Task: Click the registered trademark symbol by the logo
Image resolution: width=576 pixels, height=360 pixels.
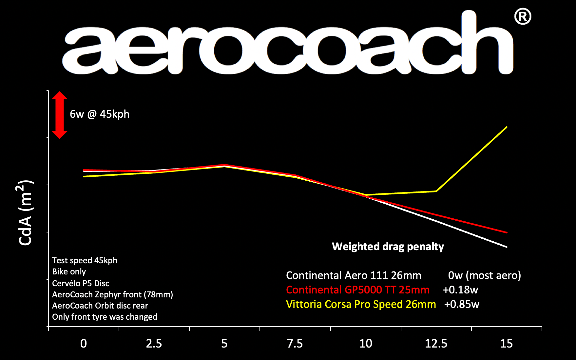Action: (522, 17)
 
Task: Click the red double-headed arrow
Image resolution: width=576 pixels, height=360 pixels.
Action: (59, 115)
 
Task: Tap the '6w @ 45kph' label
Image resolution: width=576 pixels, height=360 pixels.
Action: (100, 114)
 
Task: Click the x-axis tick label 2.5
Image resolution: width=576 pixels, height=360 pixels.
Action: (154, 344)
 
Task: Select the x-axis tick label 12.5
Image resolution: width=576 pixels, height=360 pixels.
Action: (436, 344)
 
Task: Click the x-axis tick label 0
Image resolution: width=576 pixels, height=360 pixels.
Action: (84, 344)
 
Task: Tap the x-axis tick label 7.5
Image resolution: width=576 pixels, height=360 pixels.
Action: (295, 344)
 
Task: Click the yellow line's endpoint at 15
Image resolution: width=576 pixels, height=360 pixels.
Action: (507, 127)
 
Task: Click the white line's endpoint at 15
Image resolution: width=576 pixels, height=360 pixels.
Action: (507, 247)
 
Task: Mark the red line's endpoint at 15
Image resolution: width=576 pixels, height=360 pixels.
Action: (507, 232)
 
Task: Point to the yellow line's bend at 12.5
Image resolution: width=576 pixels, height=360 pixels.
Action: (436, 191)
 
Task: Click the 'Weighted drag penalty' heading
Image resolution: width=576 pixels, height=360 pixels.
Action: (388, 247)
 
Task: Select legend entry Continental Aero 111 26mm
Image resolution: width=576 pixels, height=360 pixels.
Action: (353, 275)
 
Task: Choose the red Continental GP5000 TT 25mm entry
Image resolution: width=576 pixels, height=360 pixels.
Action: (357, 290)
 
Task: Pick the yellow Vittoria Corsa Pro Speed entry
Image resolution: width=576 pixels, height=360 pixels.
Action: (361, 304)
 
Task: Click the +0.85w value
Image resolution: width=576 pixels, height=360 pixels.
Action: (461, 304)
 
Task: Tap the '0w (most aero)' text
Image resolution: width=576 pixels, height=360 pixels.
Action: (484, 275)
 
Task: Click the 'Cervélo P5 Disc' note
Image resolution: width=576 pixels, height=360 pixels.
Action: (81, 283)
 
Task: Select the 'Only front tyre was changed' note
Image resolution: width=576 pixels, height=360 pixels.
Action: (105, 317)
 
